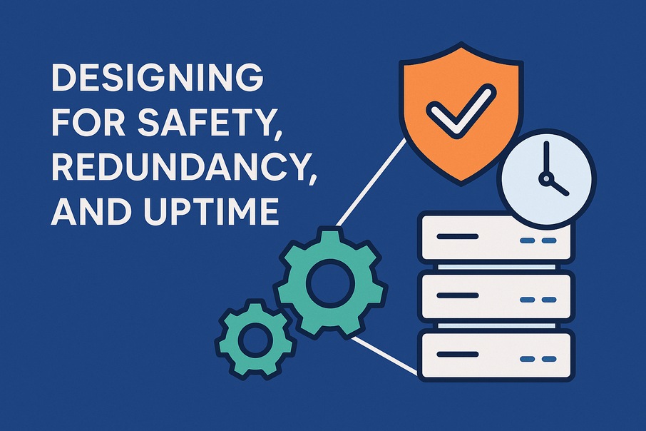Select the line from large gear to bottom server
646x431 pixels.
click(386, 355)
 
